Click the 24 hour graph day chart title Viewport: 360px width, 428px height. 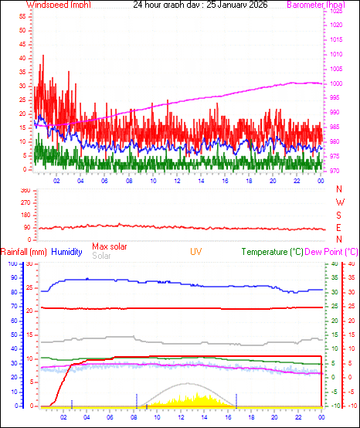tap(182, 5)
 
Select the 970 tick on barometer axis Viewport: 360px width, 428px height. tap(331, 171)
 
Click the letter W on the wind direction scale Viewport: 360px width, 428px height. tap(339, 202)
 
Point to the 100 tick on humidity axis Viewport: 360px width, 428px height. tap(12, 264)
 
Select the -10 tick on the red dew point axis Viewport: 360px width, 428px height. tap(352, 406)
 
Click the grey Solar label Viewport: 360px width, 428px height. tap(101, 256)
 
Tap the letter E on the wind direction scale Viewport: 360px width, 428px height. tap(339, 227)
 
